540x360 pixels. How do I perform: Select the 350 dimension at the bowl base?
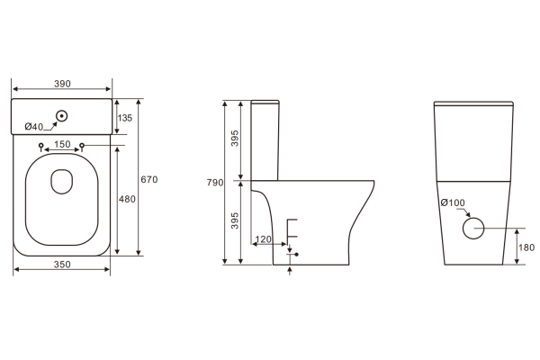pos(62,265)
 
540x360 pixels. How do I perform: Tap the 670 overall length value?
pos(148,180)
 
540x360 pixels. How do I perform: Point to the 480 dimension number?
pos(127,199)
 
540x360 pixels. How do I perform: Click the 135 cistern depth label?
pos(125,117)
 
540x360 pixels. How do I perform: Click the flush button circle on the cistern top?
pos(62,116)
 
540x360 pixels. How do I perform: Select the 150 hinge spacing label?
pos(62,144)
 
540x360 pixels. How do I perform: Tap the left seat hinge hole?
pos(41,147)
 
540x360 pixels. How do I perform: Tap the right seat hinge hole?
pos(83,147)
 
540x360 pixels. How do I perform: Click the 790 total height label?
pos(214,183)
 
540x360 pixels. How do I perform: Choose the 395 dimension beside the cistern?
pos(237,139)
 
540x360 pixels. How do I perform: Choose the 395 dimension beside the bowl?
pos(237,221)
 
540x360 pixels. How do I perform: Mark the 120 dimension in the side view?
pos(264,239)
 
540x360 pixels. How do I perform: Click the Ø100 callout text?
pos(453,203)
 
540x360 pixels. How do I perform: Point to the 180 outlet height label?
pos(527,247)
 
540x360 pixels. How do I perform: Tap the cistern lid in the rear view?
pos(474,103)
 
